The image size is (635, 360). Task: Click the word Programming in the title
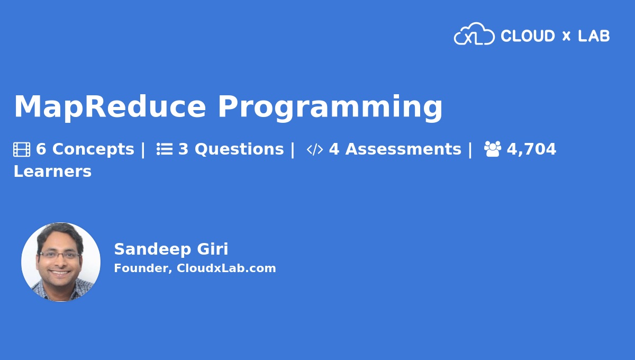[x=330, y=108]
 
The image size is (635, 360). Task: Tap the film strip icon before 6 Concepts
[x=22, y=150]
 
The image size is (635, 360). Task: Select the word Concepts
[x=93, y=149]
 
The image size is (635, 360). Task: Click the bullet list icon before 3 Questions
[x=165, y=149]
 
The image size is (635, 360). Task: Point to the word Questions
[x=239, y=150]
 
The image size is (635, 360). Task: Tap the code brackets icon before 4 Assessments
[x=315, y=150]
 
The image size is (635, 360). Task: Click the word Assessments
[x=403, y=149]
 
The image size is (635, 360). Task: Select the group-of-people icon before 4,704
[x=492, y=149]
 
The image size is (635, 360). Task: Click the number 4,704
[x=531, y=149]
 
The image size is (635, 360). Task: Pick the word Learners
[x=52, y=172]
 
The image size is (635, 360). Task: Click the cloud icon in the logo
[x=474, y=34]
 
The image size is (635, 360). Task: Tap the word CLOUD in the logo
[x=528, y=36]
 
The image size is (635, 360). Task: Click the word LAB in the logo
[x=594, y=36]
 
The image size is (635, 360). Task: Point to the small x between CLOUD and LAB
[x=566, y=37]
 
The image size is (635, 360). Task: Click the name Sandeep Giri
[x=171, y=249]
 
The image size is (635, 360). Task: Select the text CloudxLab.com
[x=226, y=268]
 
